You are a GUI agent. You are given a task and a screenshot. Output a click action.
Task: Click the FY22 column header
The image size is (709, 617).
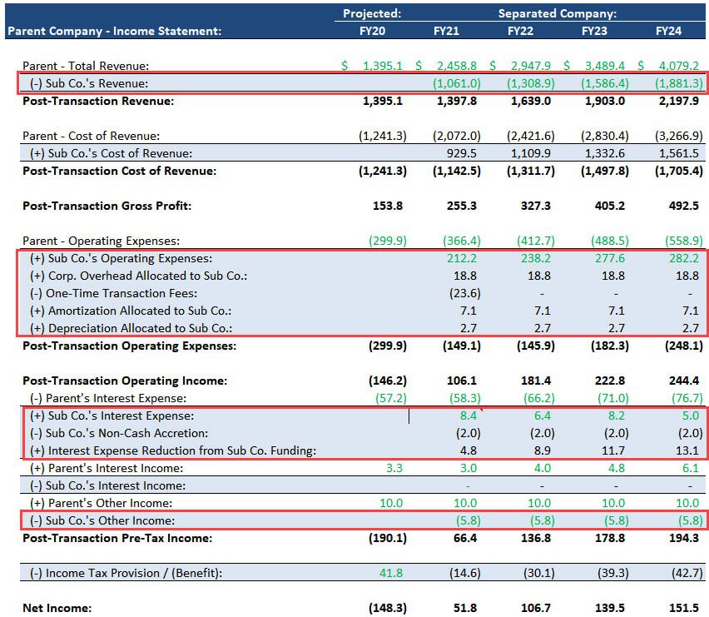[x=520, y=32]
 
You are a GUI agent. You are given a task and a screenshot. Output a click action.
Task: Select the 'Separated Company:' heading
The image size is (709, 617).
[x=557, y=13]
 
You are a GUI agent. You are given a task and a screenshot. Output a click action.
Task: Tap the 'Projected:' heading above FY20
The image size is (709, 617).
[x=372, y=13]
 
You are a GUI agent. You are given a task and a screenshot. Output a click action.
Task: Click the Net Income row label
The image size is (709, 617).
[x=57, y=608]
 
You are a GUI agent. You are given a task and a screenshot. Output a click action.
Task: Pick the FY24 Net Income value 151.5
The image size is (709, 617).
[x=687, y=608]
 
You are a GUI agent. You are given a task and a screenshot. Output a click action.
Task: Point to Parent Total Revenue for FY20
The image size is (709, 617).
[x=382, y=66]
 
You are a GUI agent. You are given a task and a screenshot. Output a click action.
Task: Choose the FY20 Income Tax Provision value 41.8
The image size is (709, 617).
[x=389, y=573]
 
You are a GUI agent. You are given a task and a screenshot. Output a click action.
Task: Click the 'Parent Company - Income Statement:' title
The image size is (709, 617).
[x=114, y=32]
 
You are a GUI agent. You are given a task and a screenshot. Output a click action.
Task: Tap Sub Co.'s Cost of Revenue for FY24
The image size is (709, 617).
[x=684, y=153]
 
